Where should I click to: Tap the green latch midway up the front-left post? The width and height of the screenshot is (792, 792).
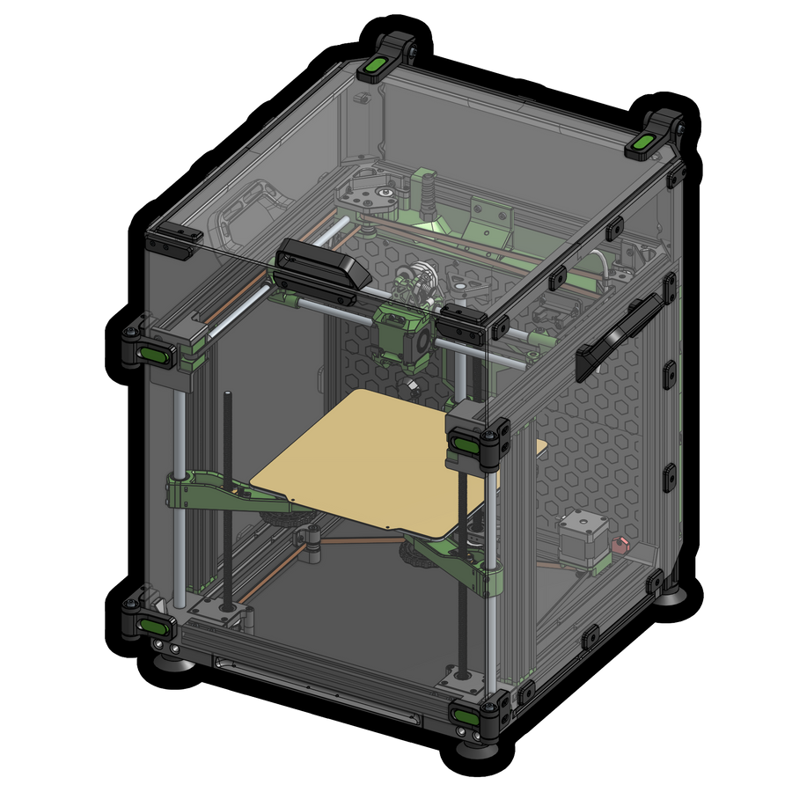click(x=152, y=354)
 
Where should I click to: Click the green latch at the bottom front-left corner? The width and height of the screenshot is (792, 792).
click(x=152, y=626)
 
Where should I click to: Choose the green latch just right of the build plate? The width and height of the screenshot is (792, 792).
click(x=471, y=444)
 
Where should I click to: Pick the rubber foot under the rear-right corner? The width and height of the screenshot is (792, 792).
click(x=674, y=596)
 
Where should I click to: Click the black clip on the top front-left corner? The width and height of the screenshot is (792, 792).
click(x=175, y=240)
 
